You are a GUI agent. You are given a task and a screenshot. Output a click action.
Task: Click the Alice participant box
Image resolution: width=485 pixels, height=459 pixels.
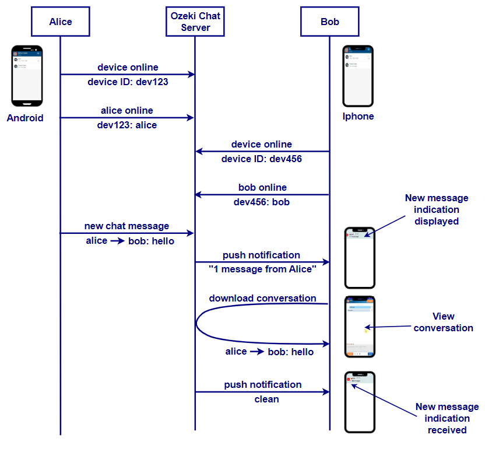coord(61,22)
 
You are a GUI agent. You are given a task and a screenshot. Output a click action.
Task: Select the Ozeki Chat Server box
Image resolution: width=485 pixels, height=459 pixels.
coord(195,22)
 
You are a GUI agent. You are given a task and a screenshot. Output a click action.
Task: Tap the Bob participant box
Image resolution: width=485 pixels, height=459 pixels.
coord(330,22)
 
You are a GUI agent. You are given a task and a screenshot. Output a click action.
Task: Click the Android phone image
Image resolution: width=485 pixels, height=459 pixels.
coord(27,76)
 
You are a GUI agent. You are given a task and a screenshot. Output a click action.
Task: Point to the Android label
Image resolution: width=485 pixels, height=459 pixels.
coord(25,118)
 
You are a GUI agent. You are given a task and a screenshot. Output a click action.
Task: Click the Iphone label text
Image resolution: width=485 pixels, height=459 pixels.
coord(358,117)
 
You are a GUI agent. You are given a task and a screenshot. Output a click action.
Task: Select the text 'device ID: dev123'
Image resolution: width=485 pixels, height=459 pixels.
coord(128,82)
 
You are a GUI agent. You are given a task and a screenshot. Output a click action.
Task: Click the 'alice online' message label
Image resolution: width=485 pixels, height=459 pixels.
coord(127,111)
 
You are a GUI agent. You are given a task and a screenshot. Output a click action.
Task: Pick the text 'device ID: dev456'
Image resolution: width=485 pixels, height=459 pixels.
coord(262,159)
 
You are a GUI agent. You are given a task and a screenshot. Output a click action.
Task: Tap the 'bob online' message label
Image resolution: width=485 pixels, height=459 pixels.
coord(262,188)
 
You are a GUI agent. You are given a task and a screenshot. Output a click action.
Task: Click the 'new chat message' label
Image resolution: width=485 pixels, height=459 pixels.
coord(126,226)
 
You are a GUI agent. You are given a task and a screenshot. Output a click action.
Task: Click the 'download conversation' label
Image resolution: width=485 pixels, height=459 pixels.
coord(262,299)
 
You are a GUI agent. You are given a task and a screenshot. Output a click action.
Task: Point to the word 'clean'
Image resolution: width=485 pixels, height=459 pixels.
coord(266,400)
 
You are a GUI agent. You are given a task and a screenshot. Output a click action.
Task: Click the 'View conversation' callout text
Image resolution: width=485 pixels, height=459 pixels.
coord(443,323)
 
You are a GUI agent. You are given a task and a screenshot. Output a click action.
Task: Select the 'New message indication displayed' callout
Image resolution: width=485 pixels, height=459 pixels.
coord(436,209)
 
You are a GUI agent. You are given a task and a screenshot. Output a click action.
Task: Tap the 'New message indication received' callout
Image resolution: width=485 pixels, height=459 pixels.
coord(447,418)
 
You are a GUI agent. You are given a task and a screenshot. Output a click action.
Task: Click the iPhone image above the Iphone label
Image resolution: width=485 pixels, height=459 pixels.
coord(358,76)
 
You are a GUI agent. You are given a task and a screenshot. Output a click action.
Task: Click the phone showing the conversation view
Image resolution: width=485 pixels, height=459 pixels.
coord(360,327)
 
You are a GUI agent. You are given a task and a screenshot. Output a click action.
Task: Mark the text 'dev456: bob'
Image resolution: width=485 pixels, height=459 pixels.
coord(262,202)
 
